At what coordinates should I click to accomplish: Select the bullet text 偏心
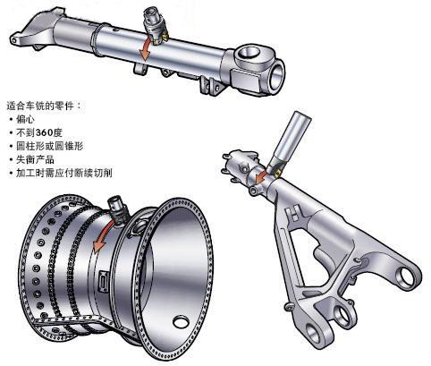point(25,119)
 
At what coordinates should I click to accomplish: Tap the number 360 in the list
point(44,132)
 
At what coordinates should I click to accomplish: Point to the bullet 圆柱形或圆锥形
point(49,146)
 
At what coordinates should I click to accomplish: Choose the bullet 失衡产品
point(35,159)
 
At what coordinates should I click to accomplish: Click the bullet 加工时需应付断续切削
point(64,173)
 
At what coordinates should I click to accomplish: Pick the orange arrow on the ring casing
point(103,235)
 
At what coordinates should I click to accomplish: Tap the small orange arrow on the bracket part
point(261,177)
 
